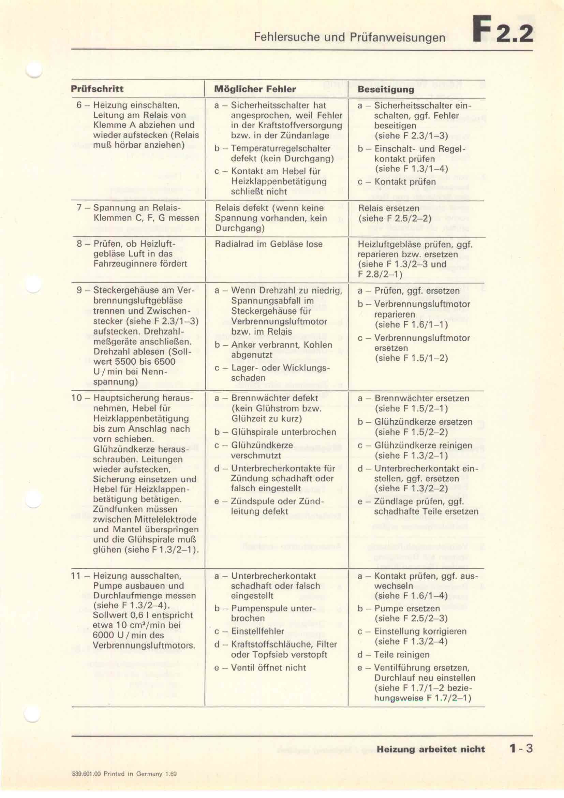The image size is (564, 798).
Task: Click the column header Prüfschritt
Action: coord(97,89)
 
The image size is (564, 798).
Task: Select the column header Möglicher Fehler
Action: coord(255,89)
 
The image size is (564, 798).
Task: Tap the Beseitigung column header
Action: coord(386,89)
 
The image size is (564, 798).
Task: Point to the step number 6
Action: coord(79,105)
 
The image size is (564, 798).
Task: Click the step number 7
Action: coord(79,208)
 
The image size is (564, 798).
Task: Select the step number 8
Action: coord(79,244)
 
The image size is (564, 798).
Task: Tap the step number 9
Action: coord(79,290)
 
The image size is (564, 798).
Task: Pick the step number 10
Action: coord(76,398)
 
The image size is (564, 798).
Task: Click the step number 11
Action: coord(76,576)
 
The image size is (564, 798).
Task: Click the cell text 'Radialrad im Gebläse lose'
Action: coord(268,244)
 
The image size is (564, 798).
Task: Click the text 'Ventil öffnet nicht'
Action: coord(268,668)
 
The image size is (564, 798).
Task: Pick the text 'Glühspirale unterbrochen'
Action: coord(283,432)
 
